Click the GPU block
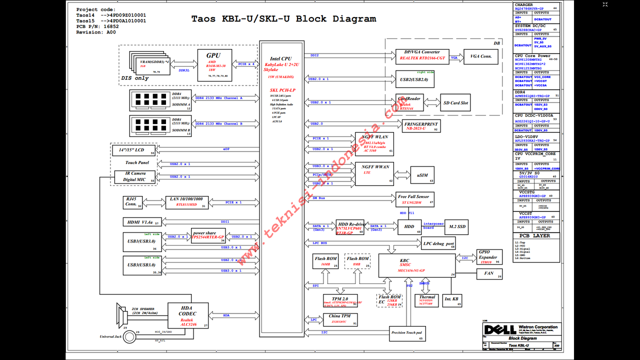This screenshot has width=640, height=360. (213, 63)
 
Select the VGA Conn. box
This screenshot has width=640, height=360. (480, 56)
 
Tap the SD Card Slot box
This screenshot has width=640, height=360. (455, 103)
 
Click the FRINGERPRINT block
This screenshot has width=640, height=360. (421, 125)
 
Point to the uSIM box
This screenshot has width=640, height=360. (422, 175)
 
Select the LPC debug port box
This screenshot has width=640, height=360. (438, 244)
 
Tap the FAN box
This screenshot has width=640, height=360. (488, 273)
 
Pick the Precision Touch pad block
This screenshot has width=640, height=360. (406, 333)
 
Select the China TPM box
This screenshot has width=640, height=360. (339, 319)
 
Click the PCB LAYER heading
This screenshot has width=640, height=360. (534, 235)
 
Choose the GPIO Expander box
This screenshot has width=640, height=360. (488, 257)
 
